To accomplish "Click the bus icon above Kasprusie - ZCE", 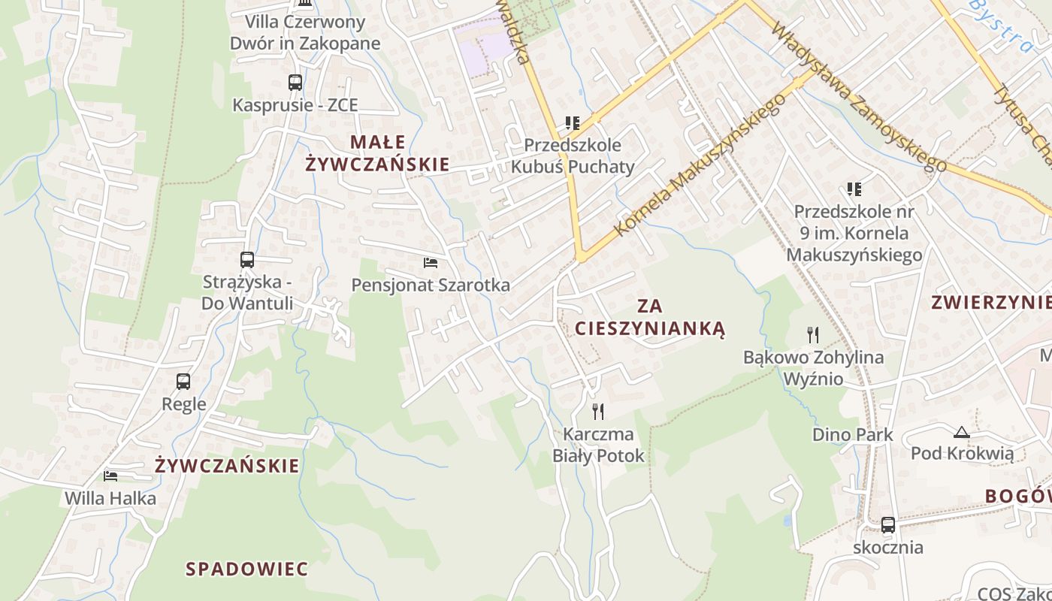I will coord(295,83).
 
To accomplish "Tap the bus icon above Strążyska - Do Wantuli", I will coord(247,260).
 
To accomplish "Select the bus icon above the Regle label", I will coord(183,382).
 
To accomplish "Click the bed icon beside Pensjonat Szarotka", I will coord(431,263).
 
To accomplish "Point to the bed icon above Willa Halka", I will coord(110,476).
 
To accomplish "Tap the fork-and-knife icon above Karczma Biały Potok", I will coord(598,411).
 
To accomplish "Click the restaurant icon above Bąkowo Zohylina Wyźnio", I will coord(813,334).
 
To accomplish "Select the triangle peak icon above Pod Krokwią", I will coord(961,432).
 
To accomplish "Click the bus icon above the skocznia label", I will coord(888,525).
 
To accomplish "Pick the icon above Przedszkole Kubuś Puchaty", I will coord(573,122).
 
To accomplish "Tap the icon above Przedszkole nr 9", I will coord(854,189).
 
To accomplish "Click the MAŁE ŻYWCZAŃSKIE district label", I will coord(377,153).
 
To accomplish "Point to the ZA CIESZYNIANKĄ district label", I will coord(650,317).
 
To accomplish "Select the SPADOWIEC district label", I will coord(247,569).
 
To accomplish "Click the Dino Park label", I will coord(853,434).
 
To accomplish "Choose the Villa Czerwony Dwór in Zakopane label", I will coord(305,32).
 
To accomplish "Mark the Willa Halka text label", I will coord(110,498).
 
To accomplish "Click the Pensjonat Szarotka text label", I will coord(431,285).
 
